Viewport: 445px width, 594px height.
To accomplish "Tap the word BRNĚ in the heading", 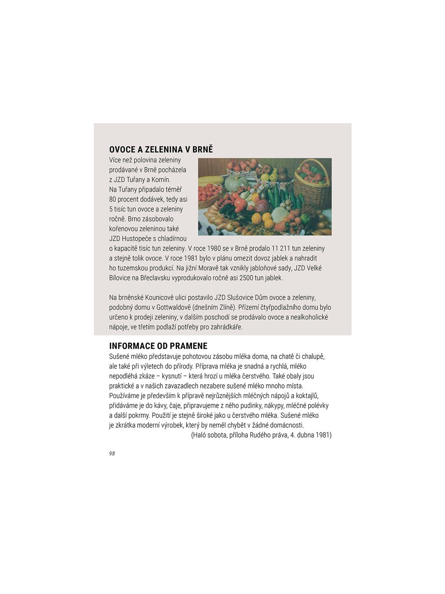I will pos(203,149).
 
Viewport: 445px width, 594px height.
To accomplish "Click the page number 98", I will pos(112,453).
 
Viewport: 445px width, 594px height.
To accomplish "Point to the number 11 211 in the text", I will pos(281,248).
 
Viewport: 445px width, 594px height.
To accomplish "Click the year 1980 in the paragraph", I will pos(216,248).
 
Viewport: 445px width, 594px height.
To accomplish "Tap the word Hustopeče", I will pos(136,238).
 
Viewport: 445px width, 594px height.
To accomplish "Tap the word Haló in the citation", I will pos(201,435).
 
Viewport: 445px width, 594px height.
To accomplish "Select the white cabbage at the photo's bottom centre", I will pos(280,215).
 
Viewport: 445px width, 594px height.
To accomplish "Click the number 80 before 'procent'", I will pos(113,199).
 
